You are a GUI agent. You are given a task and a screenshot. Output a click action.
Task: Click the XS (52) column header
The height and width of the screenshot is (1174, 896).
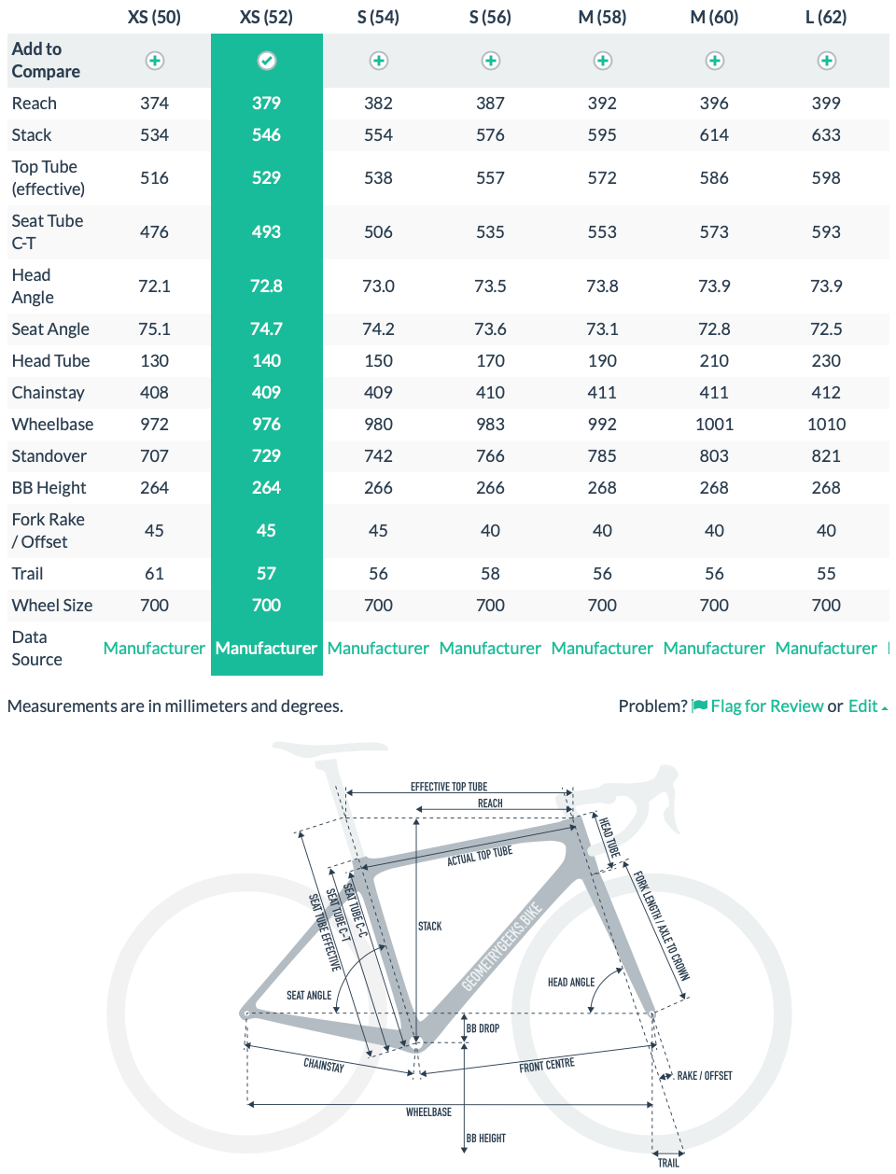(x=266, y=17)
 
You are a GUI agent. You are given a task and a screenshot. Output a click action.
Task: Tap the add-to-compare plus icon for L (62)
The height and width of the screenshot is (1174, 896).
(x=826, y=61)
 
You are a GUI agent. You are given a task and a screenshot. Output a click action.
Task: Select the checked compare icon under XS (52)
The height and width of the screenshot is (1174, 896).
(x=266, y=61)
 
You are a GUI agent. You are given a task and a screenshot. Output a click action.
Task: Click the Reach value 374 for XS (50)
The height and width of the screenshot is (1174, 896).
(x=154, y=103)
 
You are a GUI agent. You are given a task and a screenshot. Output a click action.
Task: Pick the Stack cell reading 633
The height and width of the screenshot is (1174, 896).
(x=826, y=134)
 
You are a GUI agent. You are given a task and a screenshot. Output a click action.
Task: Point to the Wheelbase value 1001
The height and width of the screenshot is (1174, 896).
(x=714, y=424)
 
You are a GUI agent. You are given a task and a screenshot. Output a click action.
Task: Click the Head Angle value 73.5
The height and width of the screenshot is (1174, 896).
(x=490, y=286)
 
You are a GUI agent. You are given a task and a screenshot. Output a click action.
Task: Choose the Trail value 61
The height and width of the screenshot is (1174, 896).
(x=154, y=573)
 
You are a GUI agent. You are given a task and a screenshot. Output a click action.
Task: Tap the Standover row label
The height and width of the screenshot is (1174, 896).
(x=49, y=455)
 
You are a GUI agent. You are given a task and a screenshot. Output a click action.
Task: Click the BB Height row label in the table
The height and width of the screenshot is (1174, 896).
(x=49, y=487)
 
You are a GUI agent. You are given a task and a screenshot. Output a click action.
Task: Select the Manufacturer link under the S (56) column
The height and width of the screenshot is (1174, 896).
(x=490, y=648)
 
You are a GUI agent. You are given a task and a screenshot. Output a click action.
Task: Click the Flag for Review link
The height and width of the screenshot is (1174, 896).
(x=766, y=706)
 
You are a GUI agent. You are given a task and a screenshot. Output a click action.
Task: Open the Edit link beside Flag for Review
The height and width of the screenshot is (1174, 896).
(x=863, y=706)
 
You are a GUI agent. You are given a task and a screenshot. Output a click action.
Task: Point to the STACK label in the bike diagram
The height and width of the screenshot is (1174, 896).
(x=430, y=926)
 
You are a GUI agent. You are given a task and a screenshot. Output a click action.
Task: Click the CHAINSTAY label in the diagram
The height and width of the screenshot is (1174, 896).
(x=324, y=1065)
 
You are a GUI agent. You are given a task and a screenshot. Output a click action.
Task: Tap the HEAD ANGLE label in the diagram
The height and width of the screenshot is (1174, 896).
(x=571, y=982)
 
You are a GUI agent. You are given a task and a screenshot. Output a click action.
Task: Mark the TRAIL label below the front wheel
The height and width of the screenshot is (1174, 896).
(x=668, y=1163)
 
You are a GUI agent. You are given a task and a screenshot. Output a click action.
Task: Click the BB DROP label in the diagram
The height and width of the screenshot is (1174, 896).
(x=483, y=1028)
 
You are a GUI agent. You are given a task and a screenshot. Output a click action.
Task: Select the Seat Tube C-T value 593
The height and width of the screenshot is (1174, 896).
(x=826, y=231)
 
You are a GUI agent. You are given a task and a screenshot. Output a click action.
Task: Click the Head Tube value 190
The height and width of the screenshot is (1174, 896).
(x=602, y=360)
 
